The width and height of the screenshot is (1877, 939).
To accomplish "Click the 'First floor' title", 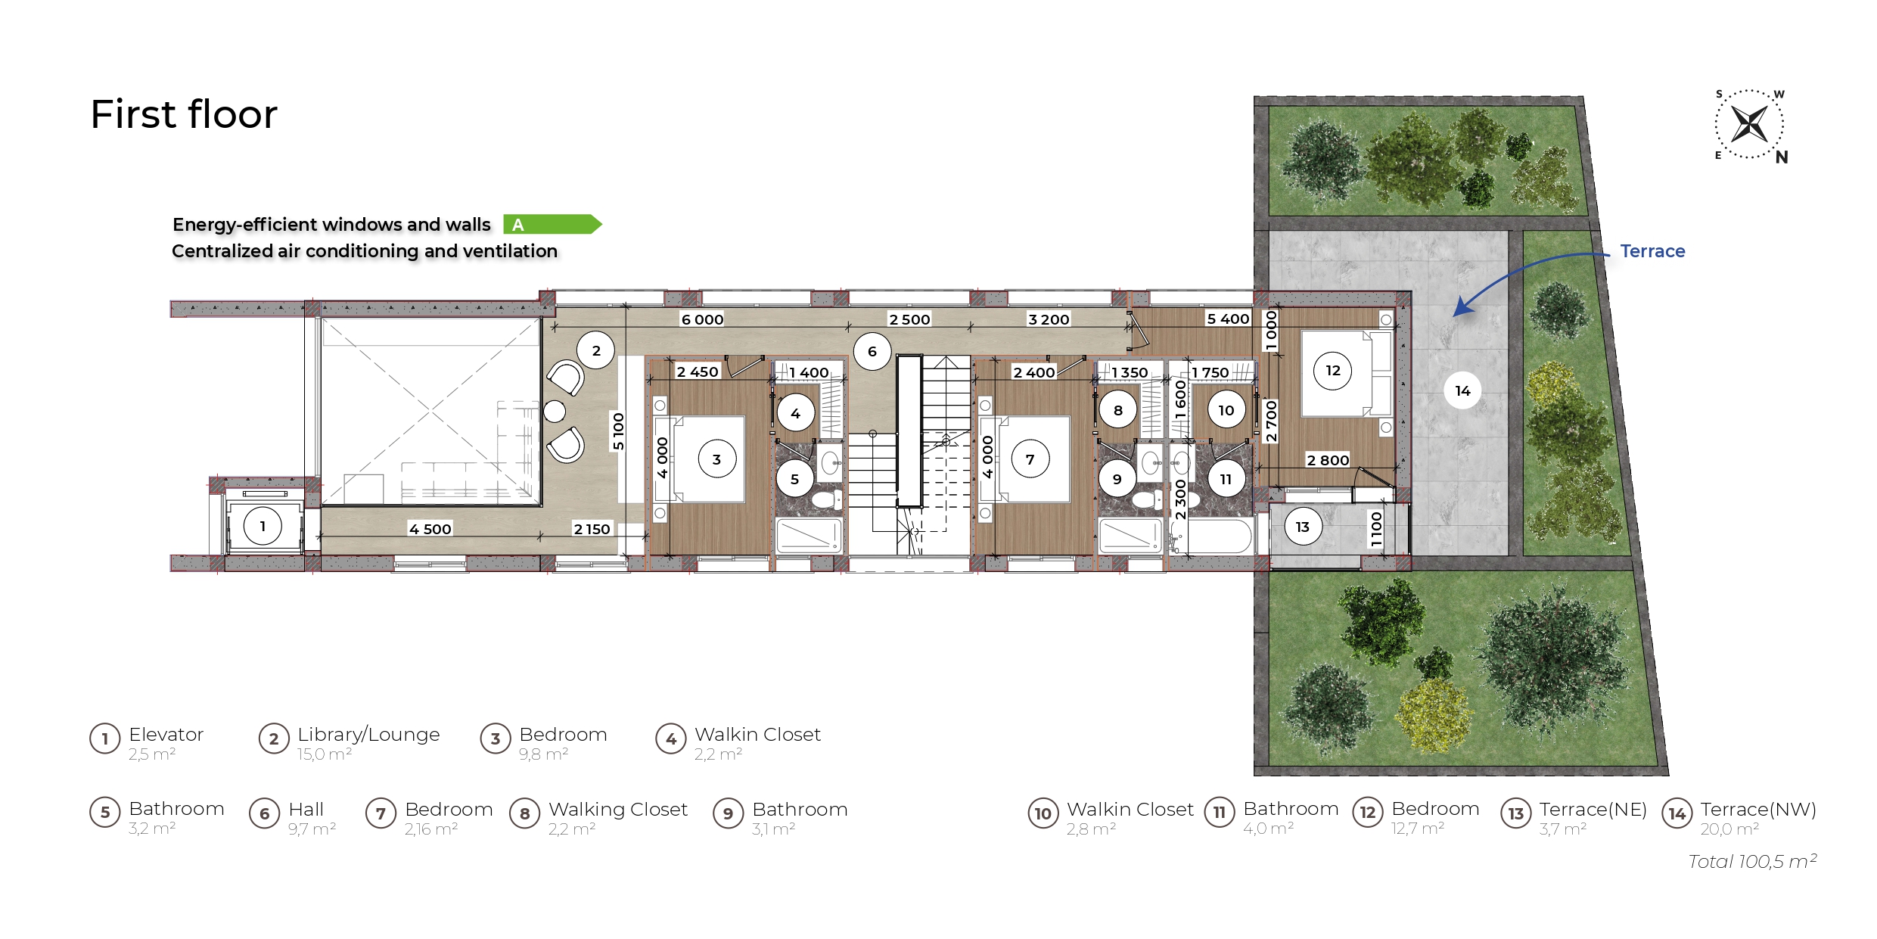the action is tap(184, 114).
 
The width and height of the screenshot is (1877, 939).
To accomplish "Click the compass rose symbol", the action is tap(1749, 124).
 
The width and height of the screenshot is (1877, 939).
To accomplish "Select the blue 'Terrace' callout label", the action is tap(1652, 251).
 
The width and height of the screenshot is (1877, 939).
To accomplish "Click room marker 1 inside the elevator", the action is tap(263, 526).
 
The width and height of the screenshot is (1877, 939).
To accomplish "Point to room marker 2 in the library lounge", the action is tap(596, 350).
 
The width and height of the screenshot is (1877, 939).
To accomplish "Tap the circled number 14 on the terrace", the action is tap(1462, 390).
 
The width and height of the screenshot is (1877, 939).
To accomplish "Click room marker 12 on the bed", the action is tap(1333, 370).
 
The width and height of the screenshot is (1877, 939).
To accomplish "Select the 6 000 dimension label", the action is tap(702, 319).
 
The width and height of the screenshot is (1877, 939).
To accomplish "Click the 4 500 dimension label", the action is tap(430, 529).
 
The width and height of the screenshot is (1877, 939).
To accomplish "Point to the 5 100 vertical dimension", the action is tap(619, 431).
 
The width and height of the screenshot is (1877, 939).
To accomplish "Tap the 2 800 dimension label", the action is tap(1328, 460).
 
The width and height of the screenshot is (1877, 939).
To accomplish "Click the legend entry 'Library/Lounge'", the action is tap(368, 735).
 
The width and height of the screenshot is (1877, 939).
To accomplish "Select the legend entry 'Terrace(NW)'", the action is tap(1758, 810).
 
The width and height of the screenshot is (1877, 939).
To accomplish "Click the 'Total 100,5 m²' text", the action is tap(1752, 861).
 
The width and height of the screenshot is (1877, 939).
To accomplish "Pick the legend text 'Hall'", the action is tap(306, 810).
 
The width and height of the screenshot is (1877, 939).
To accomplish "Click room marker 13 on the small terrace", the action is tap(1302, 527).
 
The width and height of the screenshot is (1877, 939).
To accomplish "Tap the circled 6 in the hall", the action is tap(872, 351).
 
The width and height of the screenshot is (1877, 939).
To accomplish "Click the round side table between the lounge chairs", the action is tap(555, 412).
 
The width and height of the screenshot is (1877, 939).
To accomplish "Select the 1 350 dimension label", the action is tap(1130, 372).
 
